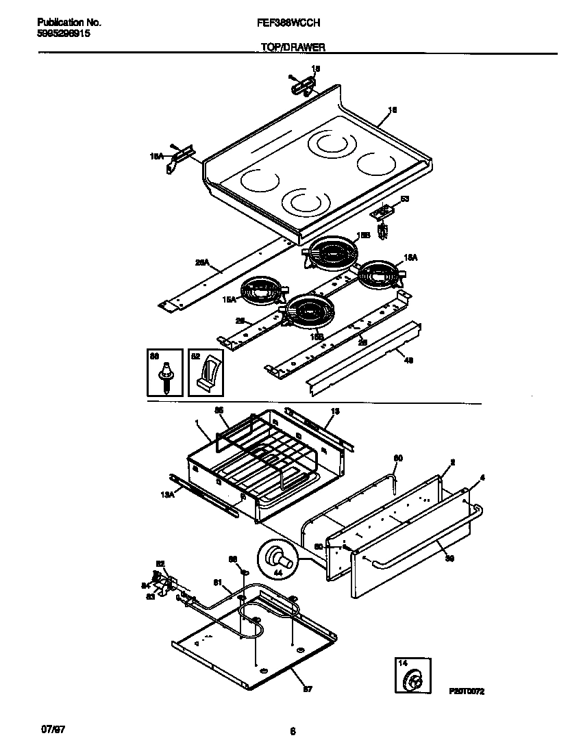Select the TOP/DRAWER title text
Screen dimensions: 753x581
coord(293,47)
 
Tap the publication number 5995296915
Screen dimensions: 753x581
coord(62,33)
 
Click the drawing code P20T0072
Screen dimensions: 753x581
coord(467,692)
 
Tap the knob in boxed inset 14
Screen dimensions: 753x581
coord(413,681)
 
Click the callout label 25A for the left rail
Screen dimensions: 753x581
coord(202,261)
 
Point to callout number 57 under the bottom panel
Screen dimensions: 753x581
coord(308,689)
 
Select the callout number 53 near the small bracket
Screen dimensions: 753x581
coord(404,199)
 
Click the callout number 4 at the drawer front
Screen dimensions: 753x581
coord(482,477)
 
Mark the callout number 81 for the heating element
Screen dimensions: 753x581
coord(218,583)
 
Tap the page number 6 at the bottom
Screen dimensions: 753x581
coord(292,732)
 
